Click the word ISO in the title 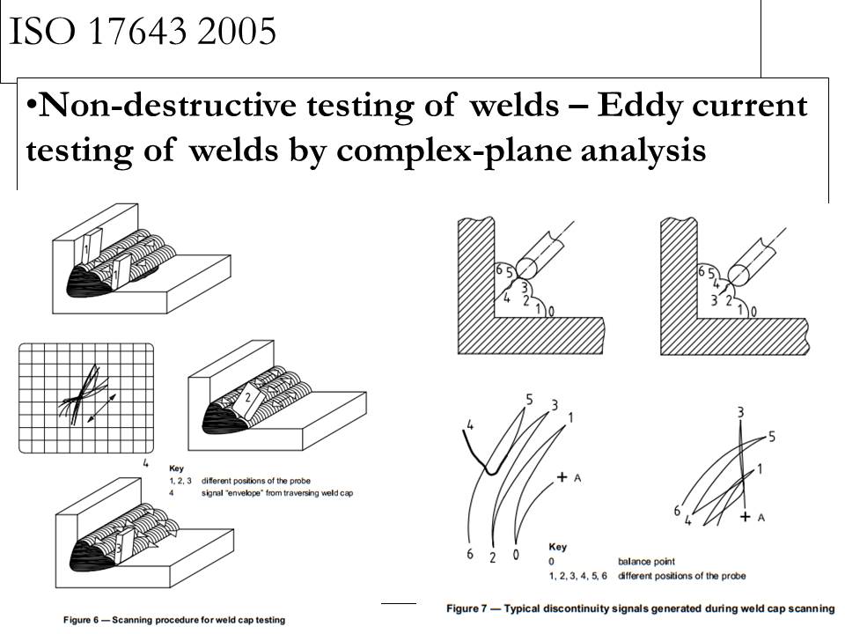(42, 33)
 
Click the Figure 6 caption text (174, 620)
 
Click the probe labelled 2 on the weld (248, 397)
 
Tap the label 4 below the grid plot (146, 463)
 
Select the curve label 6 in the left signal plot (470, 554)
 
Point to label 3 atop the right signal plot (740, 411)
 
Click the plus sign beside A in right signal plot (745, 517)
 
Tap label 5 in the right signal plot (771, 436)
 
